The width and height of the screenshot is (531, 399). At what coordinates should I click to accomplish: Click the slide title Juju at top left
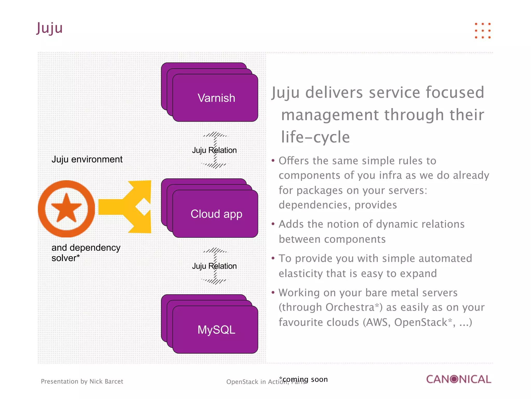(x=50, y=28)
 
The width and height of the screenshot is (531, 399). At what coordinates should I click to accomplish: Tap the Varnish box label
(x=216, y=98)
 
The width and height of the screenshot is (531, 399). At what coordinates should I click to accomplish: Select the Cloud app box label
(x=216, y=214)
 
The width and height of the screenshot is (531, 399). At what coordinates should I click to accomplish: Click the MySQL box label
(x=216, y=330)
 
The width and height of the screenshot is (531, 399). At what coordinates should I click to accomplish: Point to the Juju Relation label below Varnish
(x=214, y=150)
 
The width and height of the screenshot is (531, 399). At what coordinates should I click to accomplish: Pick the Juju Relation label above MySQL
(x=214, y=266)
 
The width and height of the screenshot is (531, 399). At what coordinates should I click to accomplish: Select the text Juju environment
(x=87, y=159)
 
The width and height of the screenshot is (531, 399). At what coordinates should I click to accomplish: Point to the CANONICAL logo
(x=458, y=379)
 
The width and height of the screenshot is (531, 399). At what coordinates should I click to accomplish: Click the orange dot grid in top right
(x=483, y=31)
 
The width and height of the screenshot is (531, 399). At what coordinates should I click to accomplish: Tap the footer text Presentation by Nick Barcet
(x=82, y=381)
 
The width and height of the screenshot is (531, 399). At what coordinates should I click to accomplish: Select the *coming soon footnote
(x=303, y=379)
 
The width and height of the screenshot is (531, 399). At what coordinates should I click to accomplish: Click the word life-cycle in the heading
(x=315, y=137)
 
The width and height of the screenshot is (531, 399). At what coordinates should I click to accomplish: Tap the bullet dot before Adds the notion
(x=273, y=224)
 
